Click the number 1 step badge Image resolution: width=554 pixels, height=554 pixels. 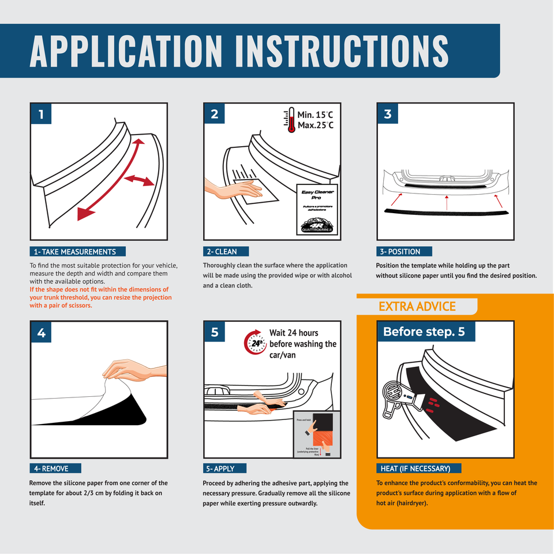pos(41,114)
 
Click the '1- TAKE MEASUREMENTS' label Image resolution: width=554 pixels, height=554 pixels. pos(77,251)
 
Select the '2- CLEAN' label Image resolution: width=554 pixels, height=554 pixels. pos(227,251)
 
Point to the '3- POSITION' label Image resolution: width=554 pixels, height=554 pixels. pos(403,251)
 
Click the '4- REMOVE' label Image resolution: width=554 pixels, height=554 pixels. pos(55,469)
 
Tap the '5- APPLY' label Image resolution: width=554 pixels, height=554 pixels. pos(224,469)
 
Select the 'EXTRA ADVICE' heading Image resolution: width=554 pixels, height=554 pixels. pos(417,306)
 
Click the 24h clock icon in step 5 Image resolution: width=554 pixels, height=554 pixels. pos(256,343)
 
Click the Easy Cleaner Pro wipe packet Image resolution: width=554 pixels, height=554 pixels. pos(318,211)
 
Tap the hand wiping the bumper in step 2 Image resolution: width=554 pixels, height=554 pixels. pos(237,188)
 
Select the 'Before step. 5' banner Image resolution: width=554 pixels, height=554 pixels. pos(424,332)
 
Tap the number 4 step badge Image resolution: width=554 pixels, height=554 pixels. pos(41,332)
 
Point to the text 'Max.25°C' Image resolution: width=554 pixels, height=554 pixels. pos(315,125)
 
